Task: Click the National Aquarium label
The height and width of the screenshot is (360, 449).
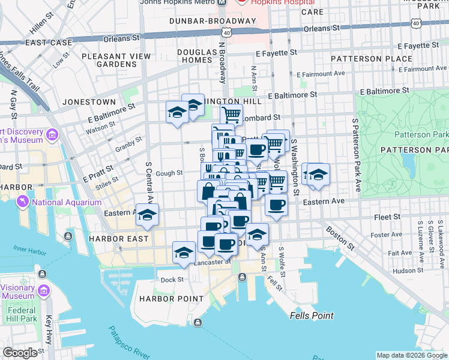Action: point(67,203)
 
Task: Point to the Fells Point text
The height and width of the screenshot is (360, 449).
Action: point(311,316)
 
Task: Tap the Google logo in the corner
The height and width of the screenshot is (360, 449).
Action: point(20,353)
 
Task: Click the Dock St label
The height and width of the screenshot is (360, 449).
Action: point(172,280)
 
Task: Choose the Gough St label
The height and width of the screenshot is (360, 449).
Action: point(169,173)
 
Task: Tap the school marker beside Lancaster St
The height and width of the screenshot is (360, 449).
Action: point(184,253)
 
